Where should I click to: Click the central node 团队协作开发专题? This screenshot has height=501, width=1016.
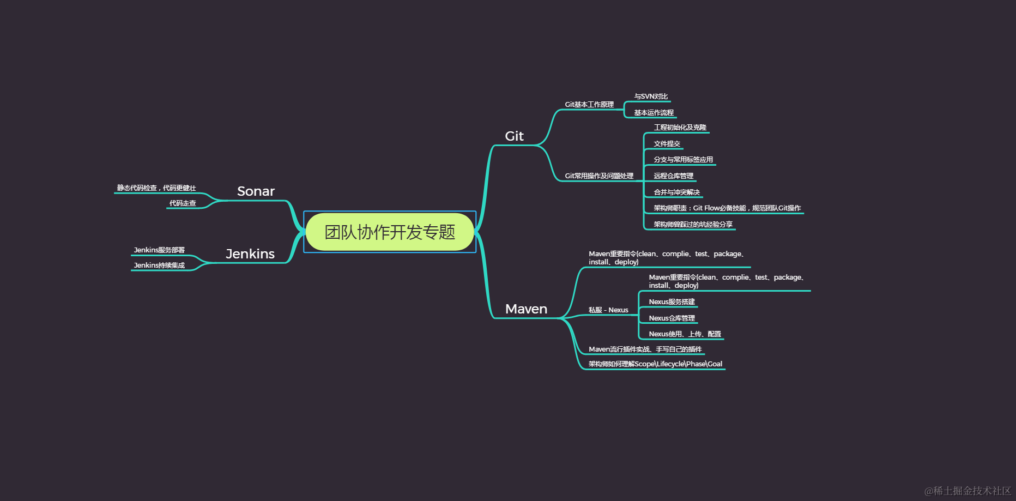coord(390,232)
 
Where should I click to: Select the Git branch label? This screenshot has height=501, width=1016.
coord(514,136)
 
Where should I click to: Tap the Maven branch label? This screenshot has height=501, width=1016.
coord(526,309)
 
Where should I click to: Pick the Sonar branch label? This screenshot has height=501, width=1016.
coord(256,191)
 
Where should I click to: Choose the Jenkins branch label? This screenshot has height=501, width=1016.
coord(250,254)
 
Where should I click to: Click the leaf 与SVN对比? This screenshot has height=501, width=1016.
coord(651,96)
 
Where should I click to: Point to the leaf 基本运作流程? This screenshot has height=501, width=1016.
coord(654,113)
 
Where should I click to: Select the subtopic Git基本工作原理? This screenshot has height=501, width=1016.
coord(589,105)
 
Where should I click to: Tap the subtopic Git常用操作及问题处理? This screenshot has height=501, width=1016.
coord(599,176)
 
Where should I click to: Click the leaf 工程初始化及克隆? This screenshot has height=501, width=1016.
coord(680,128)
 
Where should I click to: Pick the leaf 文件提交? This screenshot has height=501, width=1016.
coord(667,144)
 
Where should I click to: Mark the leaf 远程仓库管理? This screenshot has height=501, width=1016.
coord(673,176)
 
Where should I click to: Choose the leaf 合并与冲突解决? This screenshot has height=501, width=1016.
coord(676,192)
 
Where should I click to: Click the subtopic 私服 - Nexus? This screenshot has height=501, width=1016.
coord(608,310)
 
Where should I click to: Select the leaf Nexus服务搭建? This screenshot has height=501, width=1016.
coord(672,302)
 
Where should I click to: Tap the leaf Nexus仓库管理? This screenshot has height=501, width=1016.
coord(672,318)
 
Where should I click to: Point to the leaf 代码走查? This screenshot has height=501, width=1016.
coord(183,203)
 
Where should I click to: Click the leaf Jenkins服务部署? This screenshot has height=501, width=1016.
coord(159,250)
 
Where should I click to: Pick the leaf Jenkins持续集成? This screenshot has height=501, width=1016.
coord(159,265)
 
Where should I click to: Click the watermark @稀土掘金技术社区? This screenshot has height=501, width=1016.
coord(967,491)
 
